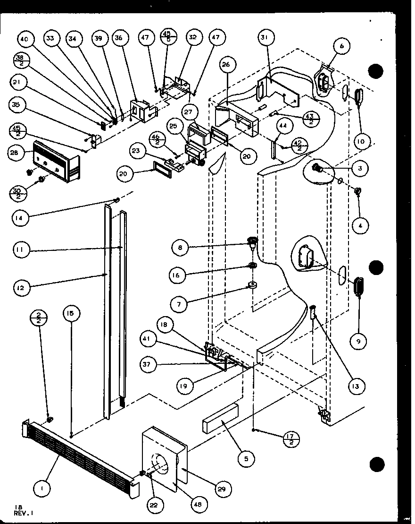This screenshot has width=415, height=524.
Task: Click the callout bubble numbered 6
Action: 341,46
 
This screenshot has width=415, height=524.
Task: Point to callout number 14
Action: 20,218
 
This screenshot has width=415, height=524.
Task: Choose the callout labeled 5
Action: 246,457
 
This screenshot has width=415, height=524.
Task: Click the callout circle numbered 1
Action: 42,490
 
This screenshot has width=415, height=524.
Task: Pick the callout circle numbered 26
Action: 225,64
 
